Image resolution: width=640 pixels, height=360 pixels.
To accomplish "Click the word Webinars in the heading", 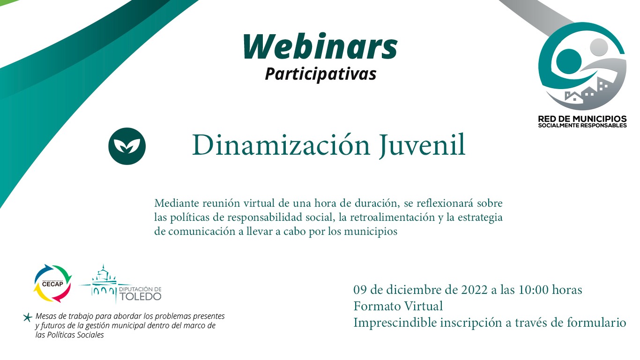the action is (x=320, y=46).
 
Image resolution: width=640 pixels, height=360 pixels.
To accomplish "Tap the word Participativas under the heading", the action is (x=320, y=74).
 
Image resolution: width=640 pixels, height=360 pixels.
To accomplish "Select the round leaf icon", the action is (x=127, y=146).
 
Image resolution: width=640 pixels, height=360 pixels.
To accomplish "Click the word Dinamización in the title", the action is (x=281, y=145).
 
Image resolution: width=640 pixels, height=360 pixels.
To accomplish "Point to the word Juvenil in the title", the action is (x=423, y=145).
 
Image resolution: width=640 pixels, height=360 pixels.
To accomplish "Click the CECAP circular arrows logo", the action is (x=53, y=284).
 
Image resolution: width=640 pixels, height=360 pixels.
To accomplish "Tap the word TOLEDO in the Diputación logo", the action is (x=140, y=296).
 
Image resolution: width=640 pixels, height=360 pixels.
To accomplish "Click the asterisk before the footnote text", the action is (x=28, y=317).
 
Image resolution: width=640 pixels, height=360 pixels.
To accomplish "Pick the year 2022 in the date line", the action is (x=474, y=290).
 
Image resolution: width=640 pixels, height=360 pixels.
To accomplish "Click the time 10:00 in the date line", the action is (x=534, y=290).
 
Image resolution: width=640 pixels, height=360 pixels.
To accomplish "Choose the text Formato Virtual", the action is (x=398, y=306).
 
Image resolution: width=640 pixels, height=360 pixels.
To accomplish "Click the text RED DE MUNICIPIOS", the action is (x=582, y=119).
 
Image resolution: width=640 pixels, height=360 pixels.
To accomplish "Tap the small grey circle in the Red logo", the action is (x=599, y=47).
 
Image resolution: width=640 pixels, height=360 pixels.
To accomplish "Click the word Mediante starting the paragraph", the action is (x=177, y=203).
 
